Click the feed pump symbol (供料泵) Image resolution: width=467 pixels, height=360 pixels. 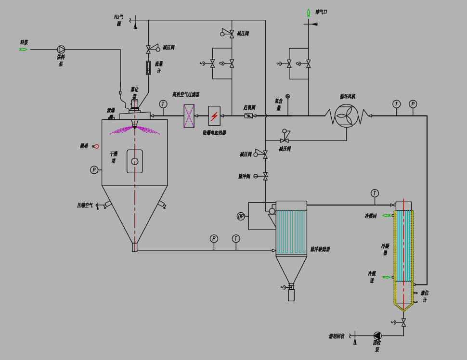tap(61, 49)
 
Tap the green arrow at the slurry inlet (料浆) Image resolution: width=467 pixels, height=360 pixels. tap(24, 49)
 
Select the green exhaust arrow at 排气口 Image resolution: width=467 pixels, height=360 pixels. tap(309, 13)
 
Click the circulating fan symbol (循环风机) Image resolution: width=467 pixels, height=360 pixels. tap(346, 116)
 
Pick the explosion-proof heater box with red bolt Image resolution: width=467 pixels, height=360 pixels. tap(214, 116)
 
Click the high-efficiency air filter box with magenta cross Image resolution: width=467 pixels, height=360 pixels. tap(189, 116)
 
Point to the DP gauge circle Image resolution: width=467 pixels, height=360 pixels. tap(241, 216)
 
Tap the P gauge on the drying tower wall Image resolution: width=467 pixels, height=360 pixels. tap(94, 170)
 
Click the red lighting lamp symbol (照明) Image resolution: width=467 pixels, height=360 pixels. tap(96, 146)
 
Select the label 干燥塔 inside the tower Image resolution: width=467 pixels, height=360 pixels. tap(113, 157)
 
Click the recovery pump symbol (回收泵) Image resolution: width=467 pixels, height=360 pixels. tap(377, 335)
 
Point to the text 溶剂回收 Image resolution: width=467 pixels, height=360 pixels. tap(337, 336)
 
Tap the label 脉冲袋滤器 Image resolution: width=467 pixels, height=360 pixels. tap(320, 249)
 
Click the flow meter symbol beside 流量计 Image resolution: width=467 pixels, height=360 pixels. tap(148, 68)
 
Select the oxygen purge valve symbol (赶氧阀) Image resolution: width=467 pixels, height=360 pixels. tap(248, 116)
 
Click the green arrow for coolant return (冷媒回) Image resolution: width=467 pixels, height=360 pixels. tap(386, 215)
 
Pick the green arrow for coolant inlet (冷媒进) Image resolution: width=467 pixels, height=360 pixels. tap(386, 277)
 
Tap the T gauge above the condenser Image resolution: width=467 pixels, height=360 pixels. tap(375, 193)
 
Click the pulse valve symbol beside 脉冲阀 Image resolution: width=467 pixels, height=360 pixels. tap(265, 176)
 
